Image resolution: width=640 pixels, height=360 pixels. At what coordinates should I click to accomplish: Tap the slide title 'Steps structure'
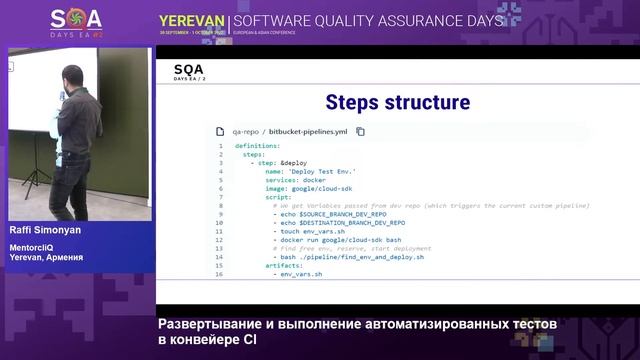tap(397, 103)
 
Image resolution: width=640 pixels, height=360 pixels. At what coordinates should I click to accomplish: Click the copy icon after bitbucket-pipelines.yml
tap(361, 131)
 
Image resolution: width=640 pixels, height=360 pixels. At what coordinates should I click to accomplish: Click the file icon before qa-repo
tap(223, 131)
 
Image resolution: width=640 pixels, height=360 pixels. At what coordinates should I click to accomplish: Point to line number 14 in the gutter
tap(218, 257)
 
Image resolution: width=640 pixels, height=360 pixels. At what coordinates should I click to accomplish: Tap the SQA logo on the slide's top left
tap(190, 71)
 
